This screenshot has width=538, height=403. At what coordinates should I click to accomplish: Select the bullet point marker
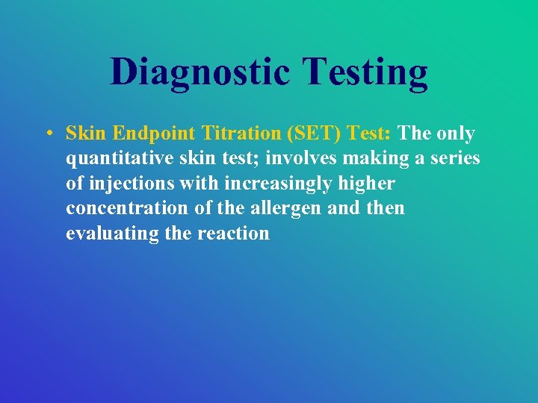pyautogui.click(x=47, y=134)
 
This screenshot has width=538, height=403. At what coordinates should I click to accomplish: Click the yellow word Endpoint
pyautogui.click(x=156, y=134)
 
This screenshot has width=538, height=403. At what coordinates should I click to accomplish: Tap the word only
pyautogui.click(x=455, y=134)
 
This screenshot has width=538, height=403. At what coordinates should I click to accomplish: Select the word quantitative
pyautogui.click(x=119, y=159)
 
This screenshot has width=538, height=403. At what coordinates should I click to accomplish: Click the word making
pyautogui.click(x=371, y=158)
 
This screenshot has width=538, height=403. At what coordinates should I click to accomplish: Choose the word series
pyautogui.click(x=452, y=158)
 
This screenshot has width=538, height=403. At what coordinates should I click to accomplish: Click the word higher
pyautogui.click(x=367, y=184)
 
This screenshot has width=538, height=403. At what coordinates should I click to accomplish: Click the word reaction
pyautogui.click(x=233, y=233)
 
